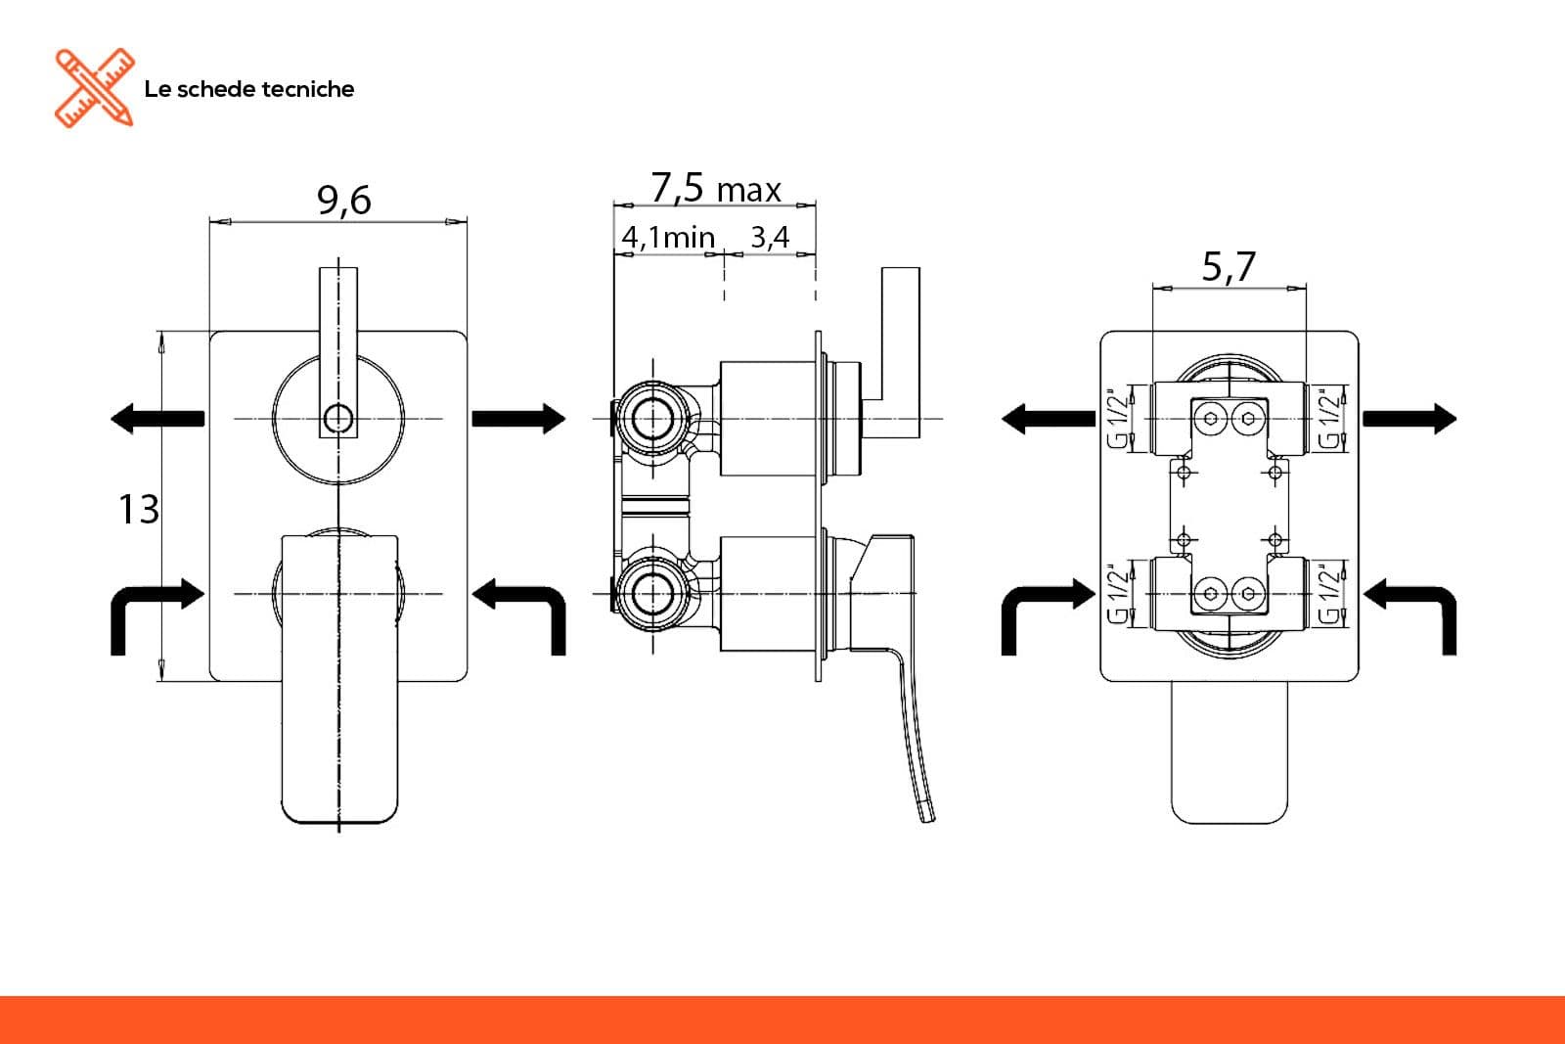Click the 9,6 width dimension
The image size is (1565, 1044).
coord(343,201)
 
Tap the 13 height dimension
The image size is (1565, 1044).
coord(138,509)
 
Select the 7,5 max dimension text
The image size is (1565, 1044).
coord(715,188)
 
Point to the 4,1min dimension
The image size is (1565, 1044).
coord(668,238)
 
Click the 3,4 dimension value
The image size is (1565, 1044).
coord(770,238)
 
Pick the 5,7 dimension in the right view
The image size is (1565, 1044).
coord(1229,266)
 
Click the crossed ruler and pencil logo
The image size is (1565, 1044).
coord(94,88)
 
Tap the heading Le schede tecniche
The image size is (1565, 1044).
coord(248,89)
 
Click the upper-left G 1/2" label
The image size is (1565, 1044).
coord(1118,418)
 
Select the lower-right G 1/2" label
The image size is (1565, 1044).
coord(1329,593)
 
